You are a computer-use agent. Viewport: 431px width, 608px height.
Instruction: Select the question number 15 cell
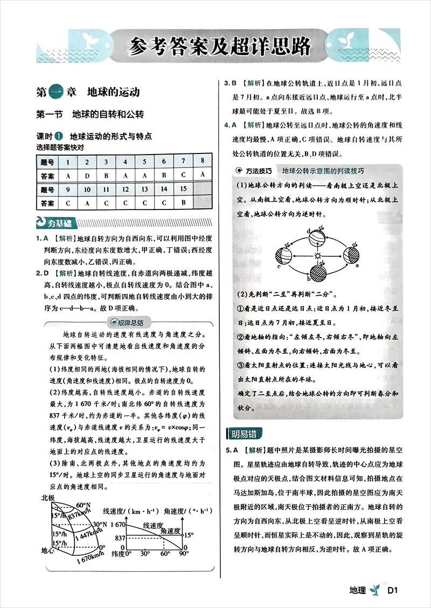(x=183, y=189)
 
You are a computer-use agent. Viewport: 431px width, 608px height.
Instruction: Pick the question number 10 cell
(x=87, y=189)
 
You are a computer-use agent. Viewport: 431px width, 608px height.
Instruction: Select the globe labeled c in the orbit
(x=284, y=256)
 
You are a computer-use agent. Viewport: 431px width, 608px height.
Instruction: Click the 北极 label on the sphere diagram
(x=48, y=498)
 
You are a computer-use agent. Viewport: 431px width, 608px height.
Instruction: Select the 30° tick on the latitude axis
(x=145, y=553)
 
